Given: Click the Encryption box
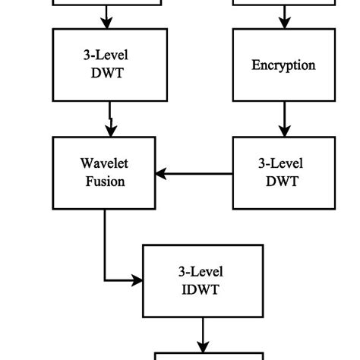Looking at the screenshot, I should [x=283, y=65].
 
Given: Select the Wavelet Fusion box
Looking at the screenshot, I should [x=104, y=172].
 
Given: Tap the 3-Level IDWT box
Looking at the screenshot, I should [x=203, y=280].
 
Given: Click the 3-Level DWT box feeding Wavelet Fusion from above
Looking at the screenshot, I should [x=109, y=65].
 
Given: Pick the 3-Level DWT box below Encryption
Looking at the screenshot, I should [x=283, y=172].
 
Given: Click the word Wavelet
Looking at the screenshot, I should [x=104, y=164].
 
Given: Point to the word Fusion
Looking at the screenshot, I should [x=104, y=182].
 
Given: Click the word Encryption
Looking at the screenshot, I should [x=283, y=65].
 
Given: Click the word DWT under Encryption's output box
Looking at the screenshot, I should [x=283, y=182].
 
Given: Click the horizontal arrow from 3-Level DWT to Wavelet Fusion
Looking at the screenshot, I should [x=194, y=174].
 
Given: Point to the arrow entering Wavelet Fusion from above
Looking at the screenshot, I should [x=110, y=118].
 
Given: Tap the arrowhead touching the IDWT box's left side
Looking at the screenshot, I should [x=137, y=281].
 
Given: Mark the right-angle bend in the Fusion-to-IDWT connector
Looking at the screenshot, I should [x=105, y=281].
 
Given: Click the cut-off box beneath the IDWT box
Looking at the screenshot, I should [x=210, y=355].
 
